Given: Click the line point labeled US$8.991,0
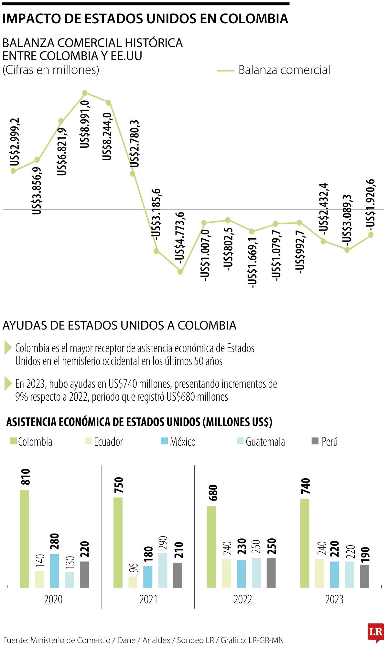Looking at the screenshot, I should click(85, 93).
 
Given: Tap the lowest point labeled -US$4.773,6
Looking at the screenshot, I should click(180, 272).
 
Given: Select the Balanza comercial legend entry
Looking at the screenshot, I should click(274, 70).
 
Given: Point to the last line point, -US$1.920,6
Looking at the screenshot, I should click(371, 235).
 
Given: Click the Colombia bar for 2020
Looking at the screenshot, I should click(25, 539).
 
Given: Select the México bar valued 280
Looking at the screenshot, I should click(54, 571).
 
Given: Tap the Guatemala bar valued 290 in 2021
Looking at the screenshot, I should click(163, 570).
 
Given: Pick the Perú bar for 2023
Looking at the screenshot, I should click(364, 576).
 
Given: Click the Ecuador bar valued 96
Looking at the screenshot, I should click(133, 582).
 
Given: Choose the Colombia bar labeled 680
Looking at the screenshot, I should click(211, 546).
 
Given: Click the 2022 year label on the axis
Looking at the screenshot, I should click(242, 599).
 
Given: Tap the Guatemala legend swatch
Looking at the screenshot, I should click(240, 441).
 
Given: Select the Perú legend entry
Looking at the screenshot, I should click(324, 441).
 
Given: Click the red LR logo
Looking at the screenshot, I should click(375, 632).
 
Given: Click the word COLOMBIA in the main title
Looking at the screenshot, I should click(254, 19).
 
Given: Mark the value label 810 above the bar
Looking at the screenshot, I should click(26, 477).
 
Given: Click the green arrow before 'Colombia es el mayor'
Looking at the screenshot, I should click(8, 348).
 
